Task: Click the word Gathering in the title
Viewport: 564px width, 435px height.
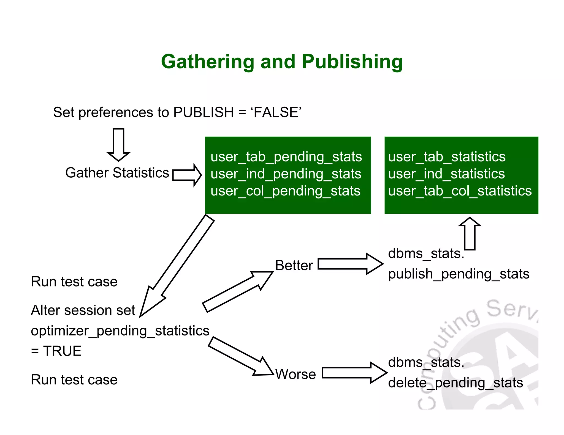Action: pos(207,62)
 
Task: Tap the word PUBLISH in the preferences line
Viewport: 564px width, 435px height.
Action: pos(204,112)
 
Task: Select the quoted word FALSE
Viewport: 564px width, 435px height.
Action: pos(276,112)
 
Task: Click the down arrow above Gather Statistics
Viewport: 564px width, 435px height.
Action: pos(118,144)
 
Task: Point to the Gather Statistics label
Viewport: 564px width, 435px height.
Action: pos(117,173)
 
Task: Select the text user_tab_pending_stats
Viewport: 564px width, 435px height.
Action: pos(286,157)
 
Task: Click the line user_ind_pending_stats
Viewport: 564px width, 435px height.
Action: pos(286,174)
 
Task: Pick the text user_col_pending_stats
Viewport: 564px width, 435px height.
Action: pos(285,191)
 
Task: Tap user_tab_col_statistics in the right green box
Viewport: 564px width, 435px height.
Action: pos(460,191)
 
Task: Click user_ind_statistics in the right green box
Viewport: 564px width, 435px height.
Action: pos(446,174)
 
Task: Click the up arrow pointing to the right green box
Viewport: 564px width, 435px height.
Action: pos(470,233)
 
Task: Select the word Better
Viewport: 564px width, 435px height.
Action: pos(294,266)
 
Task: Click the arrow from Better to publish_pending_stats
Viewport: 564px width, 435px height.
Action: pos(350,264)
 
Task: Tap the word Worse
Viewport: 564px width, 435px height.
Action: pos(295,374)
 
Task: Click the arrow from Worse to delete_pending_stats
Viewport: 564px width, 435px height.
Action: pos(354,373)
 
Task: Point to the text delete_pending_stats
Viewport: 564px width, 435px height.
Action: pos(455,383)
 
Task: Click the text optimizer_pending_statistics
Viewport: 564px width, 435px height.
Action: pos(120,331)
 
